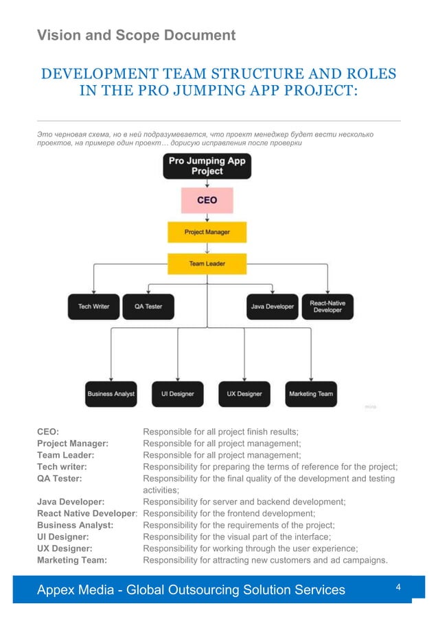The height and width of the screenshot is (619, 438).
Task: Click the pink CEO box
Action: (207, 200)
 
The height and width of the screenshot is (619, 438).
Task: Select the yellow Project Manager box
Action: (207, 232)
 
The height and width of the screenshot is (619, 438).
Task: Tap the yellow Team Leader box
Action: (207, 264)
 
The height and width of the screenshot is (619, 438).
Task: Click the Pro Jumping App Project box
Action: (207, 165)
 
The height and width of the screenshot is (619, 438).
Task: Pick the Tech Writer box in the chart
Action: (93, 307)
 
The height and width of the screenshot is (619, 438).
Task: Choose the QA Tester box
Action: (148, 307)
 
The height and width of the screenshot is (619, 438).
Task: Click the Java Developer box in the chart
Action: (272, 307)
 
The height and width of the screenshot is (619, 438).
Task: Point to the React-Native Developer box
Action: (327, 307)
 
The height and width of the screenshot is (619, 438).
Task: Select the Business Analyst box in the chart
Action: (111, 394)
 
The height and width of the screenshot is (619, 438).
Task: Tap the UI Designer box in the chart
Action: (177, 394)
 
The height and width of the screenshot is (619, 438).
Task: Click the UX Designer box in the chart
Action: (244, 394)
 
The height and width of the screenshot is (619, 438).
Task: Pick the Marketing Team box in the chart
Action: (311, 394)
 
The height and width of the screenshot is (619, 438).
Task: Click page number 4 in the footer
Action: (399, 587)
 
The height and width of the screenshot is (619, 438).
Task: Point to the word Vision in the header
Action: (60, 35)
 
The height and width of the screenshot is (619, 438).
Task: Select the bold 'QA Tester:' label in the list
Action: (60, 478)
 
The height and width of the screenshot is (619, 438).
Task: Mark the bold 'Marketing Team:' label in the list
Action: (72, 560)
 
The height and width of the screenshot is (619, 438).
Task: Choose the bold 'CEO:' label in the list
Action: (48, 432)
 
